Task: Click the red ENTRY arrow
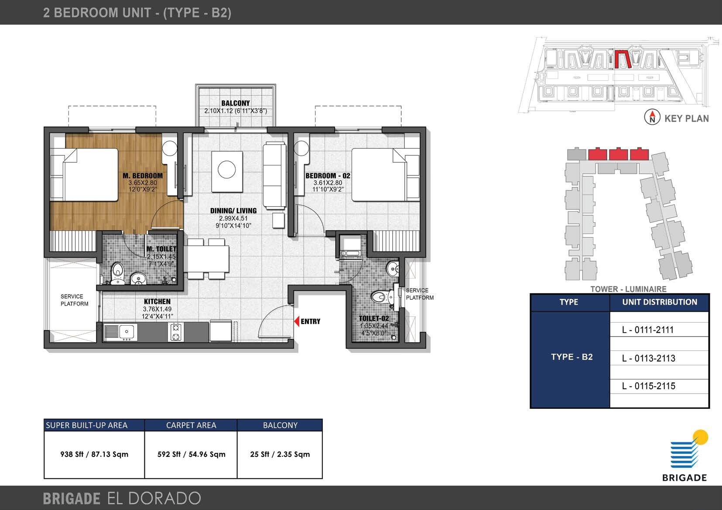(296, 322)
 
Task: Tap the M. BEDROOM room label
(142, 176)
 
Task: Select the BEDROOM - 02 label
(328, 176)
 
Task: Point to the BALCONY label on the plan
(236, 103)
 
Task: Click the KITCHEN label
(157, 301)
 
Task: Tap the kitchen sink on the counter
(127, 332)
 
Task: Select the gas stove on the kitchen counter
(175, 332)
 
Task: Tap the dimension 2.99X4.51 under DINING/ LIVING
(233, 218)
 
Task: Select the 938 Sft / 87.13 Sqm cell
(94, 454)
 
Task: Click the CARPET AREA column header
(191, 425)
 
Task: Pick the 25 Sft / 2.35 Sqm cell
(280, 454)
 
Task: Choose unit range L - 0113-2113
(648, 358)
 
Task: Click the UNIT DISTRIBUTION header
(659, 302)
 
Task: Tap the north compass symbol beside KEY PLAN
(652, 117)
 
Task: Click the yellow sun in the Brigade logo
(701, 437)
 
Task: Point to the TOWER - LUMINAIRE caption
(628, 289)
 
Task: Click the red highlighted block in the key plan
(623, 60)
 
